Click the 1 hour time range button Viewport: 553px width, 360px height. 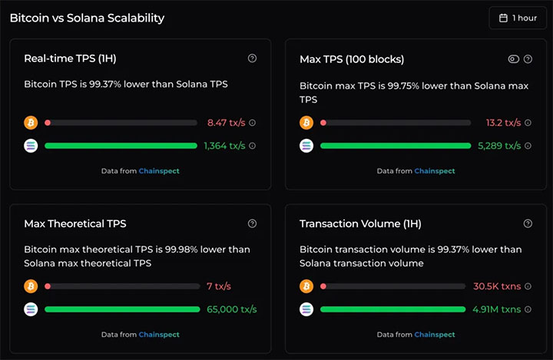click(x=517, y=18)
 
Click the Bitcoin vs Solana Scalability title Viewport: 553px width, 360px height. click(x=87, y=18)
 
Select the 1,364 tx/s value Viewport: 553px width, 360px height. click(x=224, y=145)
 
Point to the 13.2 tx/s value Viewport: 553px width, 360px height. click(x=503, y=122)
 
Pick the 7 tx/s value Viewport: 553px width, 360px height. click(x=219, y=286)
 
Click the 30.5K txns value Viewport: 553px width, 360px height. click(x=496, y=286)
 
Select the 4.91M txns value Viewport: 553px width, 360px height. click(x=496, y=309)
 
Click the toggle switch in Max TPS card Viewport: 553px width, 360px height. click(x=514, y=58)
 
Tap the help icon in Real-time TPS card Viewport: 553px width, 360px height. click(x=253, y=58)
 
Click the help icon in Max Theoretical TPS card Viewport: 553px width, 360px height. click(x=253, y=223)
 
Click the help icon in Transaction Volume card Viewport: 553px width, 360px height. click(x=528, y=223)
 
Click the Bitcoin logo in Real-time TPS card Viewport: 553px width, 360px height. click(x=31, y=122)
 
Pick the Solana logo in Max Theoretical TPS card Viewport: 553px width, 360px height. click(x=31, y=309)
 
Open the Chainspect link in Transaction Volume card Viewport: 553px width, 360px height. click(x=435, y=335)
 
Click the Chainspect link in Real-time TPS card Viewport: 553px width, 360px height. click(x=159, y=170)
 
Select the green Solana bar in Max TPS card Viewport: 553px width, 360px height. click(x=395, y=145)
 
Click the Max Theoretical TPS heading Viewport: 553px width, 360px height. click(x=75, y=224)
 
